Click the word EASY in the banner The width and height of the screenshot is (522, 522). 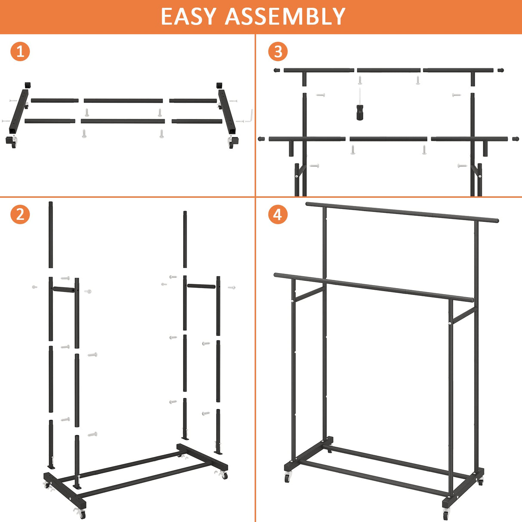point(188,16)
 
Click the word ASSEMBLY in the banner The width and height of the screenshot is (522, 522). point(285,16)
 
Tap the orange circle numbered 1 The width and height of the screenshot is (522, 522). point(20,52)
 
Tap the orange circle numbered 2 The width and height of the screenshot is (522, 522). point(20,214)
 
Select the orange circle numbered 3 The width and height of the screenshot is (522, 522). point(278,52)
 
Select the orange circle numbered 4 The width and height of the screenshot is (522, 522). point(278,214)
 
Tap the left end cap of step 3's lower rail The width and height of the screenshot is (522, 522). point(261,139)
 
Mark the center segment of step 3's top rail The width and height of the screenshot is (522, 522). point(388,70)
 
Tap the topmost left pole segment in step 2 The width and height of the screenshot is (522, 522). point(51,234)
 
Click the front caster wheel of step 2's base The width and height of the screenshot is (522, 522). point(80,513)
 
